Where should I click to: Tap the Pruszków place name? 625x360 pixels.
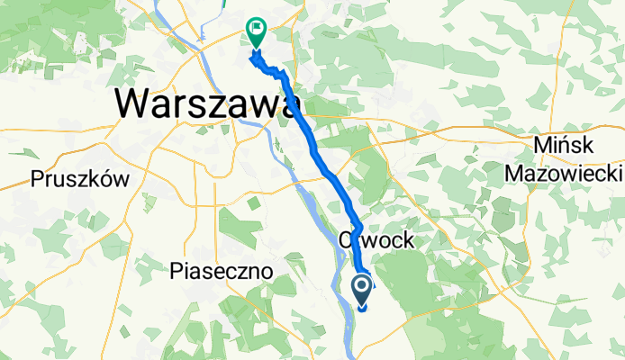[x=80, y=178]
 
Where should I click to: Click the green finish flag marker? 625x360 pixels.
[x=257, y=34]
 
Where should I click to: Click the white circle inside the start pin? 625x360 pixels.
[x=363, y=287]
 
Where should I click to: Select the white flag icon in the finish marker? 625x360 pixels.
[x=258, y=30]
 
